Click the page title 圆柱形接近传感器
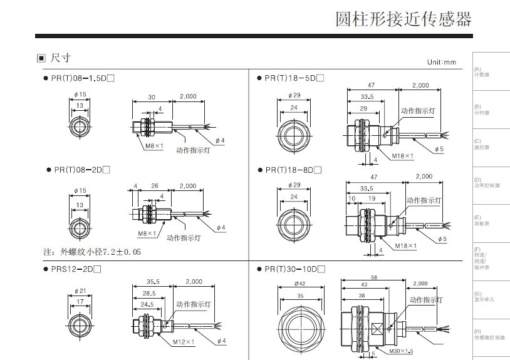point(403,19)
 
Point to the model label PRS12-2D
point(76,269)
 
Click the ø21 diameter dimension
point(80,289)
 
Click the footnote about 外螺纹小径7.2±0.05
point(92,252)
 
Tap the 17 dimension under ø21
point(79,301)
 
